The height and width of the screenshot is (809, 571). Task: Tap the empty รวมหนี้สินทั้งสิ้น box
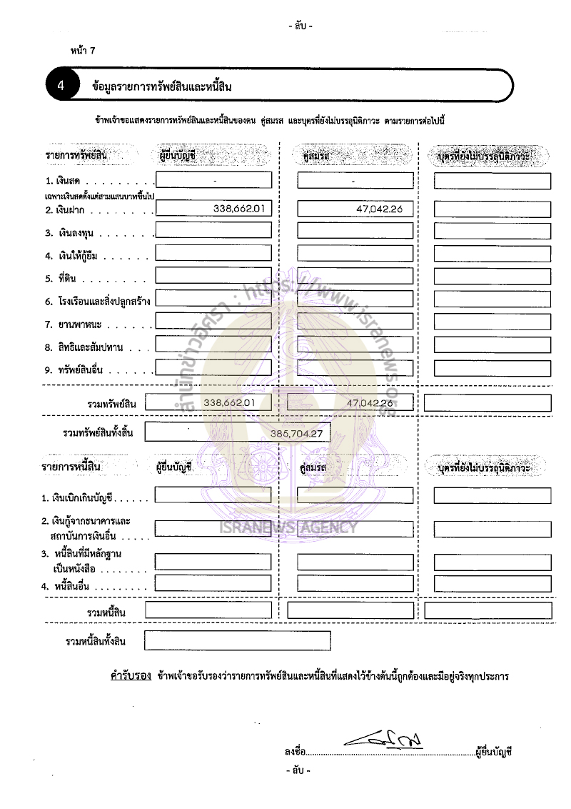click(x=237, y=640)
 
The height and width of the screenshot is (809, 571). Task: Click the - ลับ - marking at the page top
click(x=300, y=26)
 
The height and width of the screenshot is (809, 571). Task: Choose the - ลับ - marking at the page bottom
click(x=298, y=771)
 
